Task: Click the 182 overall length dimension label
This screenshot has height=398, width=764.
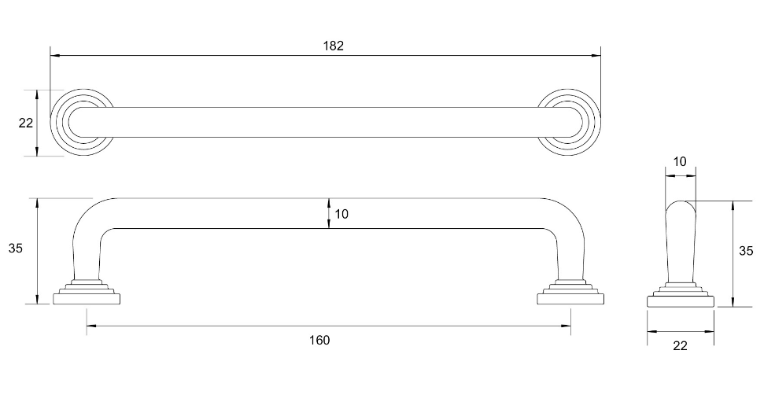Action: tap(334, 46)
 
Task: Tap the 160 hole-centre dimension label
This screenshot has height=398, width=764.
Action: tap(319, 340)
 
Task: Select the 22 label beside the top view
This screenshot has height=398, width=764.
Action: tap(25, 123)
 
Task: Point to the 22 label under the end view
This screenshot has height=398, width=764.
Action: tap(681, 345)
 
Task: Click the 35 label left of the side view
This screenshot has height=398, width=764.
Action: tap(16, 249)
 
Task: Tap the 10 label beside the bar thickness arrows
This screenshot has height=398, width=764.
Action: tap(341, 214)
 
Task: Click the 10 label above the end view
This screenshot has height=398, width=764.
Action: tap(681, 162)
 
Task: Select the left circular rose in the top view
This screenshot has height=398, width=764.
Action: tap(81, 123)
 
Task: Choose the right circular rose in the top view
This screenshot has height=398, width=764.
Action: tap(569, 123)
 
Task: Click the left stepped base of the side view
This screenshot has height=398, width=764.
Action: tap(88, 292)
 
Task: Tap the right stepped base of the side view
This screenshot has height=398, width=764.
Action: tap(570, 292)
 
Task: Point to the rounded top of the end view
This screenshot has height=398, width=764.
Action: tap(681, 206)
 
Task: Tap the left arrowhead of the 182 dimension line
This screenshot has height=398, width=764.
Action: tap(54, 56)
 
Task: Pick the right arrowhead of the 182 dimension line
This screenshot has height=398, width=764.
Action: tap(596, 56)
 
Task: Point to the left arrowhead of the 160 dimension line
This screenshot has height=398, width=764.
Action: tap(90, 324)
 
